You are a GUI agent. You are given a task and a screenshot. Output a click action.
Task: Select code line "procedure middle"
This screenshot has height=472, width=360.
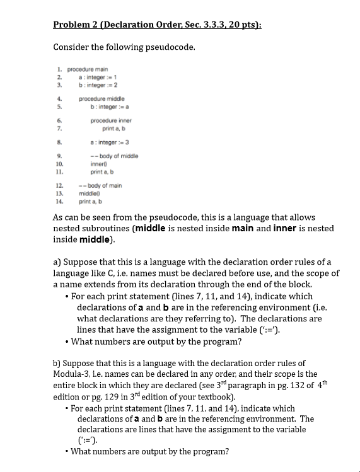click(102, 99)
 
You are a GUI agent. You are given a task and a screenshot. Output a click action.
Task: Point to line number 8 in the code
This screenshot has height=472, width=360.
click(58, 142)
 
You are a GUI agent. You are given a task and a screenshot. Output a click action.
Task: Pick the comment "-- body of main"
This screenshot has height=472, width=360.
click(100, 186)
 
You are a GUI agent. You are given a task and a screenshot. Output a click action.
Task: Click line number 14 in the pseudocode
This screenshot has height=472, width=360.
click(59, 202)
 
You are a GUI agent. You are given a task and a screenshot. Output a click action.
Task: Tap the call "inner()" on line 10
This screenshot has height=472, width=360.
click(101, 163)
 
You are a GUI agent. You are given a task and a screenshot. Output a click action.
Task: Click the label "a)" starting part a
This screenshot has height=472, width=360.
click(59, 262)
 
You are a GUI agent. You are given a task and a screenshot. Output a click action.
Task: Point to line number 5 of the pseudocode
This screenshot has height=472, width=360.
click(58, 106)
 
